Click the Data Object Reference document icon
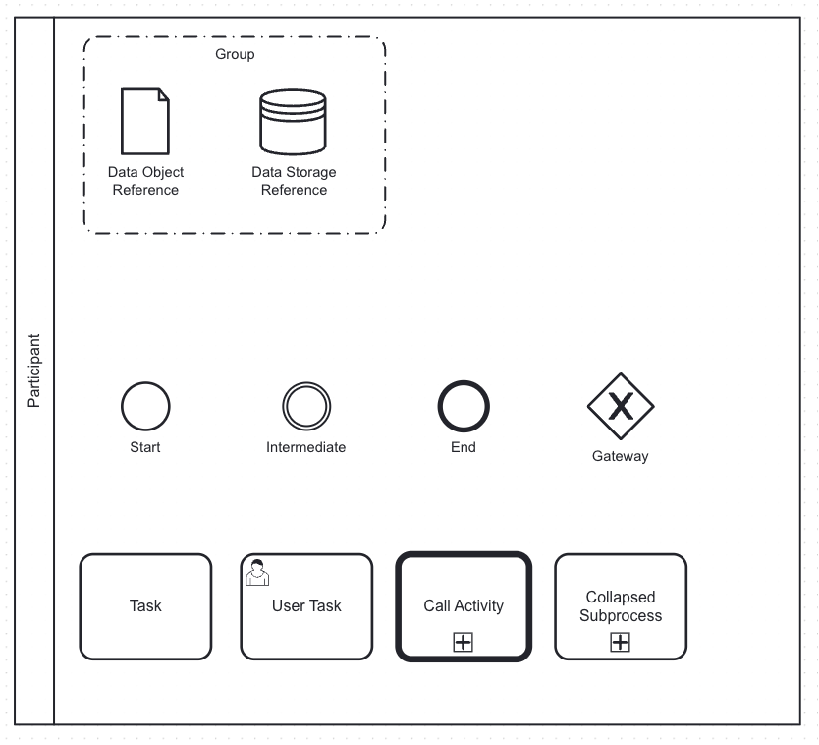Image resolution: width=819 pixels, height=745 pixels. click(145, 122)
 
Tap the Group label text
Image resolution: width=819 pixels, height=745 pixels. click(235, 54)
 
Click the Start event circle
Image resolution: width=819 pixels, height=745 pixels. click(145, 406)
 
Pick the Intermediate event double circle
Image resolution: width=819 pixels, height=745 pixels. click(306, 406)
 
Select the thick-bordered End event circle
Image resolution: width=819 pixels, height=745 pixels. click(464, 406)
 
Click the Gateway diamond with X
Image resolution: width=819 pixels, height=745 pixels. click(621, 406)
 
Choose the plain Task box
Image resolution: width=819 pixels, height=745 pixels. click(145, 606)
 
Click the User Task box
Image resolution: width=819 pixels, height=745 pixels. click(306, 619)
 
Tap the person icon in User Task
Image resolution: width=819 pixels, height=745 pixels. click(257, 572)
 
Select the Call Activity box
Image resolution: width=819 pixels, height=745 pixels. click(464, 590)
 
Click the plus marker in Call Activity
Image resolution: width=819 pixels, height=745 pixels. click(464, 642)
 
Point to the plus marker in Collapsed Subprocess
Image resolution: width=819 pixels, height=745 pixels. click(621, 642)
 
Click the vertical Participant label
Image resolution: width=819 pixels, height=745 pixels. click(34, 372)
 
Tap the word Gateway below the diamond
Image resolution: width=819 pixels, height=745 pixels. click(621, 456)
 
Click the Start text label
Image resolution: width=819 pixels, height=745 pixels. click(145, 447)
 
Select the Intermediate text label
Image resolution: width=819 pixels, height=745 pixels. click(306, 447)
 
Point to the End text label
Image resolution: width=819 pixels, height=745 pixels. click(464, 447)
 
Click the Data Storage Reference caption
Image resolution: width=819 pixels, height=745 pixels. click(294, 181)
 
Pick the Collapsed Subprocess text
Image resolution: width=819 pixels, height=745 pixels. click(621, 606)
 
